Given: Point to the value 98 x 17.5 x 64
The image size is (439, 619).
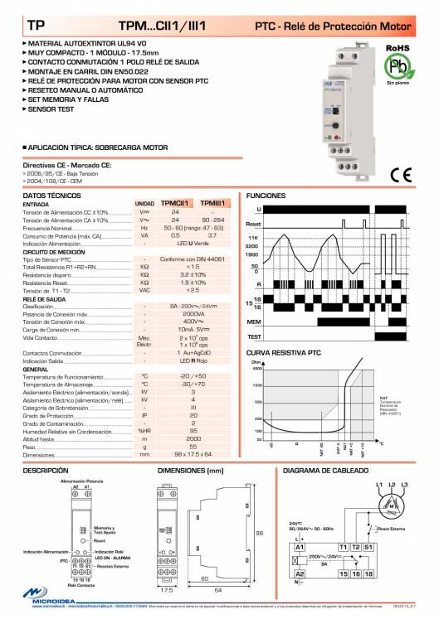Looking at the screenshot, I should point(193,455).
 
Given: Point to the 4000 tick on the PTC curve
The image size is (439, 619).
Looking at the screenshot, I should point(256,368).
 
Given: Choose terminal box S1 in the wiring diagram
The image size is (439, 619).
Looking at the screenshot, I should point(368,548).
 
